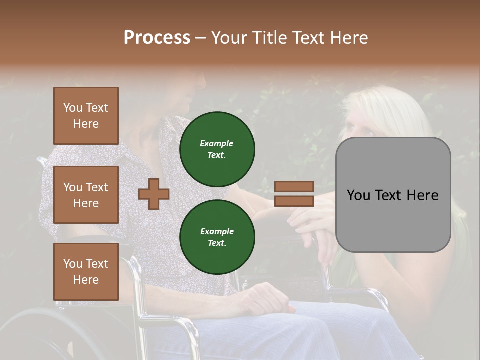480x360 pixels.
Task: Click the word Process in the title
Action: pos(157,38)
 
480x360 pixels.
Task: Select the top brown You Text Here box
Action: pos(86,116)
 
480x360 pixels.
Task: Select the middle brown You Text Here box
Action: pos(86,195)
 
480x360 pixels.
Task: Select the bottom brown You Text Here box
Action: pos(86,272)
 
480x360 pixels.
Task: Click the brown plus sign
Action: pos(154,194)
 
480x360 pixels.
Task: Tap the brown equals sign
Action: pos(294,194)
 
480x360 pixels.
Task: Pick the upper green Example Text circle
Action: pos(217,149)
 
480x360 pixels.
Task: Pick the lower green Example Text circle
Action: pos(217,237)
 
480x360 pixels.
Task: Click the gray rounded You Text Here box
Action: pos(393,195)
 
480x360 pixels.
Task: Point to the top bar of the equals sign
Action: pos(294,187)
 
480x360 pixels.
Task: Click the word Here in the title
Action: pos(349,38)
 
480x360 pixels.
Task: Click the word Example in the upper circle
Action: pos(217,143)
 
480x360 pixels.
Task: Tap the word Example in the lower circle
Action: pos(217,231)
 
